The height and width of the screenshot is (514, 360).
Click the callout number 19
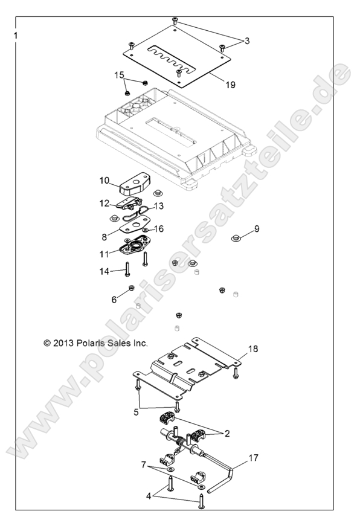click(230, 85)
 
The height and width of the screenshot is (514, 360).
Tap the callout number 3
click(246, 40)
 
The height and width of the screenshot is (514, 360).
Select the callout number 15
click(120, 75)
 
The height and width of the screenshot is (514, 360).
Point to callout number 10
click(104, 180)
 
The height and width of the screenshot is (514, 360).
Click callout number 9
click(256, 228)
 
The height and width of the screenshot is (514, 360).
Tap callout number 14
click(104, 272)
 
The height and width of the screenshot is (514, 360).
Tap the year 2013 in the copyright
click(64, 342)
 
